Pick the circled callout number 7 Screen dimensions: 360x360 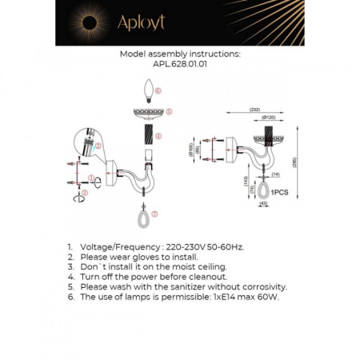point(155,214)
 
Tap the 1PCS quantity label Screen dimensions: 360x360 point(280,193)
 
